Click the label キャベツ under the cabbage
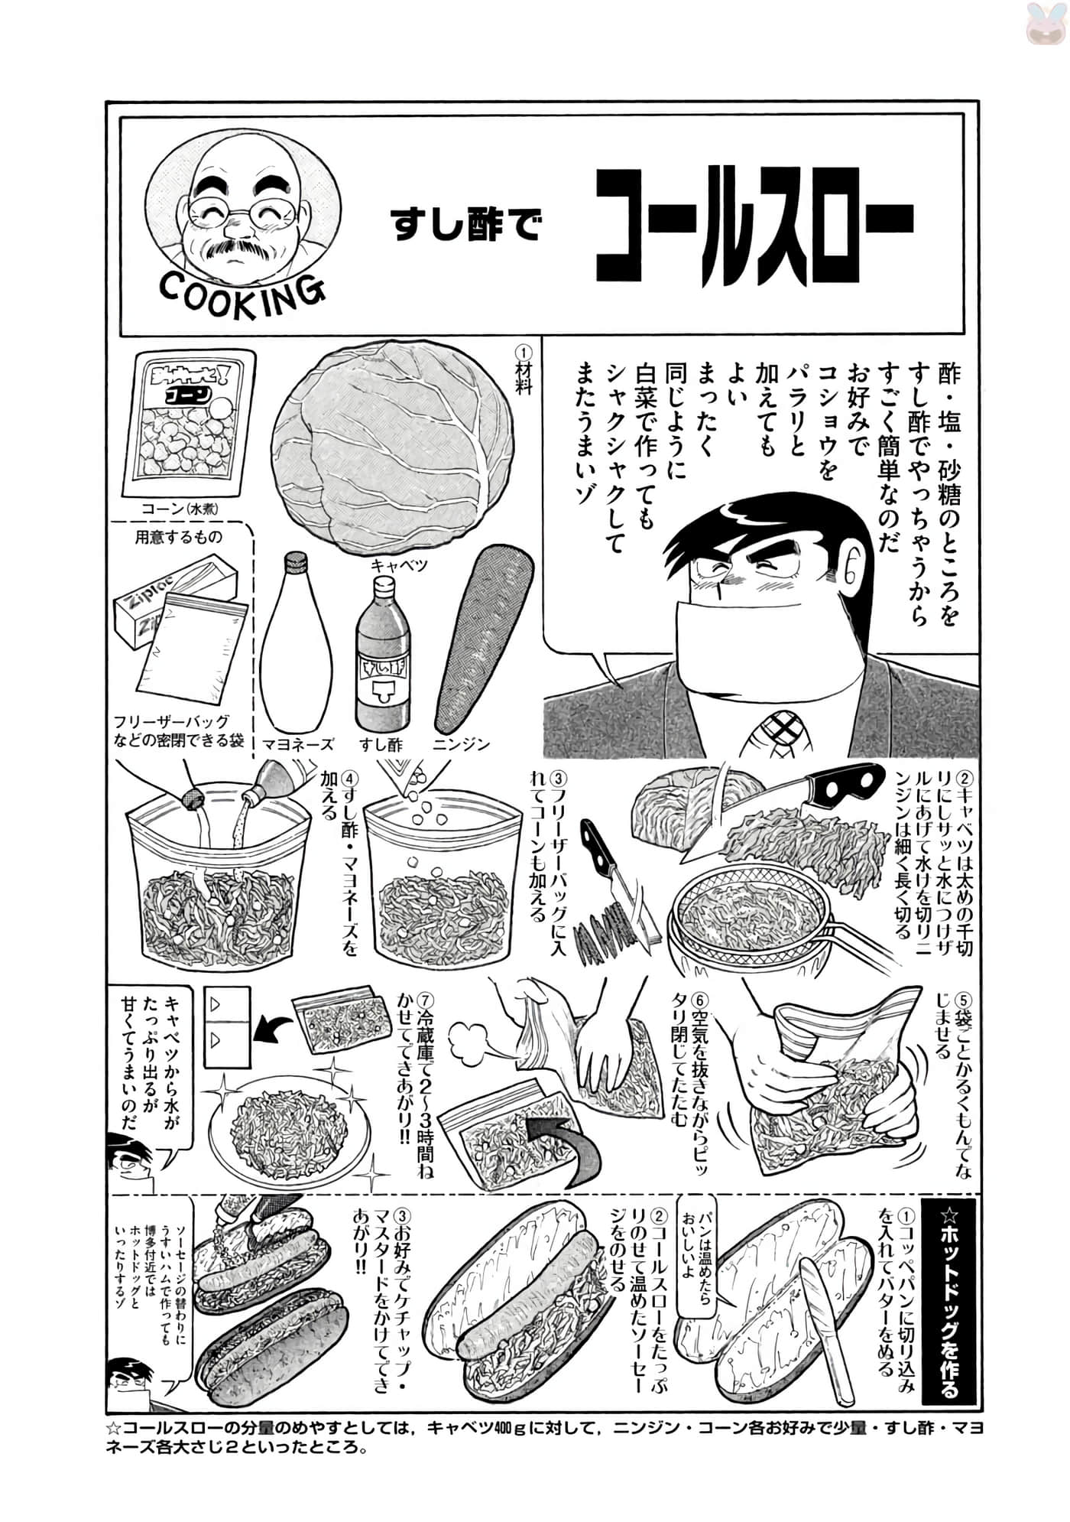(398, 566)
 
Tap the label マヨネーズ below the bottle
(298, 744)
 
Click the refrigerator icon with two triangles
(227, 1026)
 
